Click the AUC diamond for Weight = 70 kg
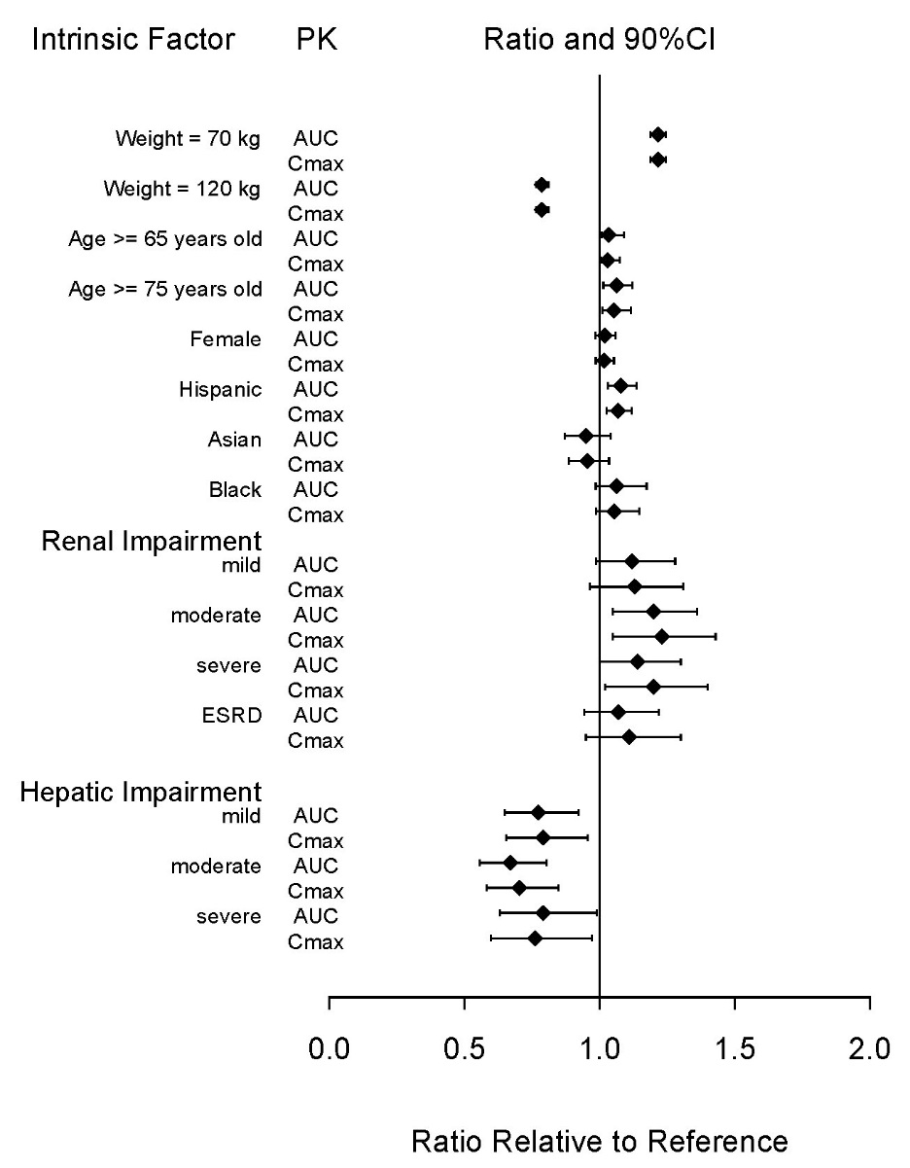click(x=658, y=134)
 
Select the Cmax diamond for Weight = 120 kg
click(x=542, y=210)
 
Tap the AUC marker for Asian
click(x=586, y=436)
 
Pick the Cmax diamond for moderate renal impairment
click(x=662, y=637)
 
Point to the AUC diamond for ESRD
click(x=618, y=712)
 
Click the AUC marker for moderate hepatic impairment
click(x=510, y=864)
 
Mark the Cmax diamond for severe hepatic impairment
click(x=535, y=938)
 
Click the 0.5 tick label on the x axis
click(x=464, y=1048)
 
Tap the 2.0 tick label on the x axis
click(x=869, y=1048)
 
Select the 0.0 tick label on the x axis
click(x=329, y=1048)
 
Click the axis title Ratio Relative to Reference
click(x=600, y=1141)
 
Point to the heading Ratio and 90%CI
click(x=600, y=40)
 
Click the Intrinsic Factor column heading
click(x=133, y=40)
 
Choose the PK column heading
click(x=317, y=40)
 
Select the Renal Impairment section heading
click(x=152, y=542)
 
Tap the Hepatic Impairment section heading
click(x=141, y=793)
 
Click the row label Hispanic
click(x=221, y=390)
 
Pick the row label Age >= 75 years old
click(x=165, y=289)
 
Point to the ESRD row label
click(x=232, y=716)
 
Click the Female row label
click(x=226, y=339)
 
